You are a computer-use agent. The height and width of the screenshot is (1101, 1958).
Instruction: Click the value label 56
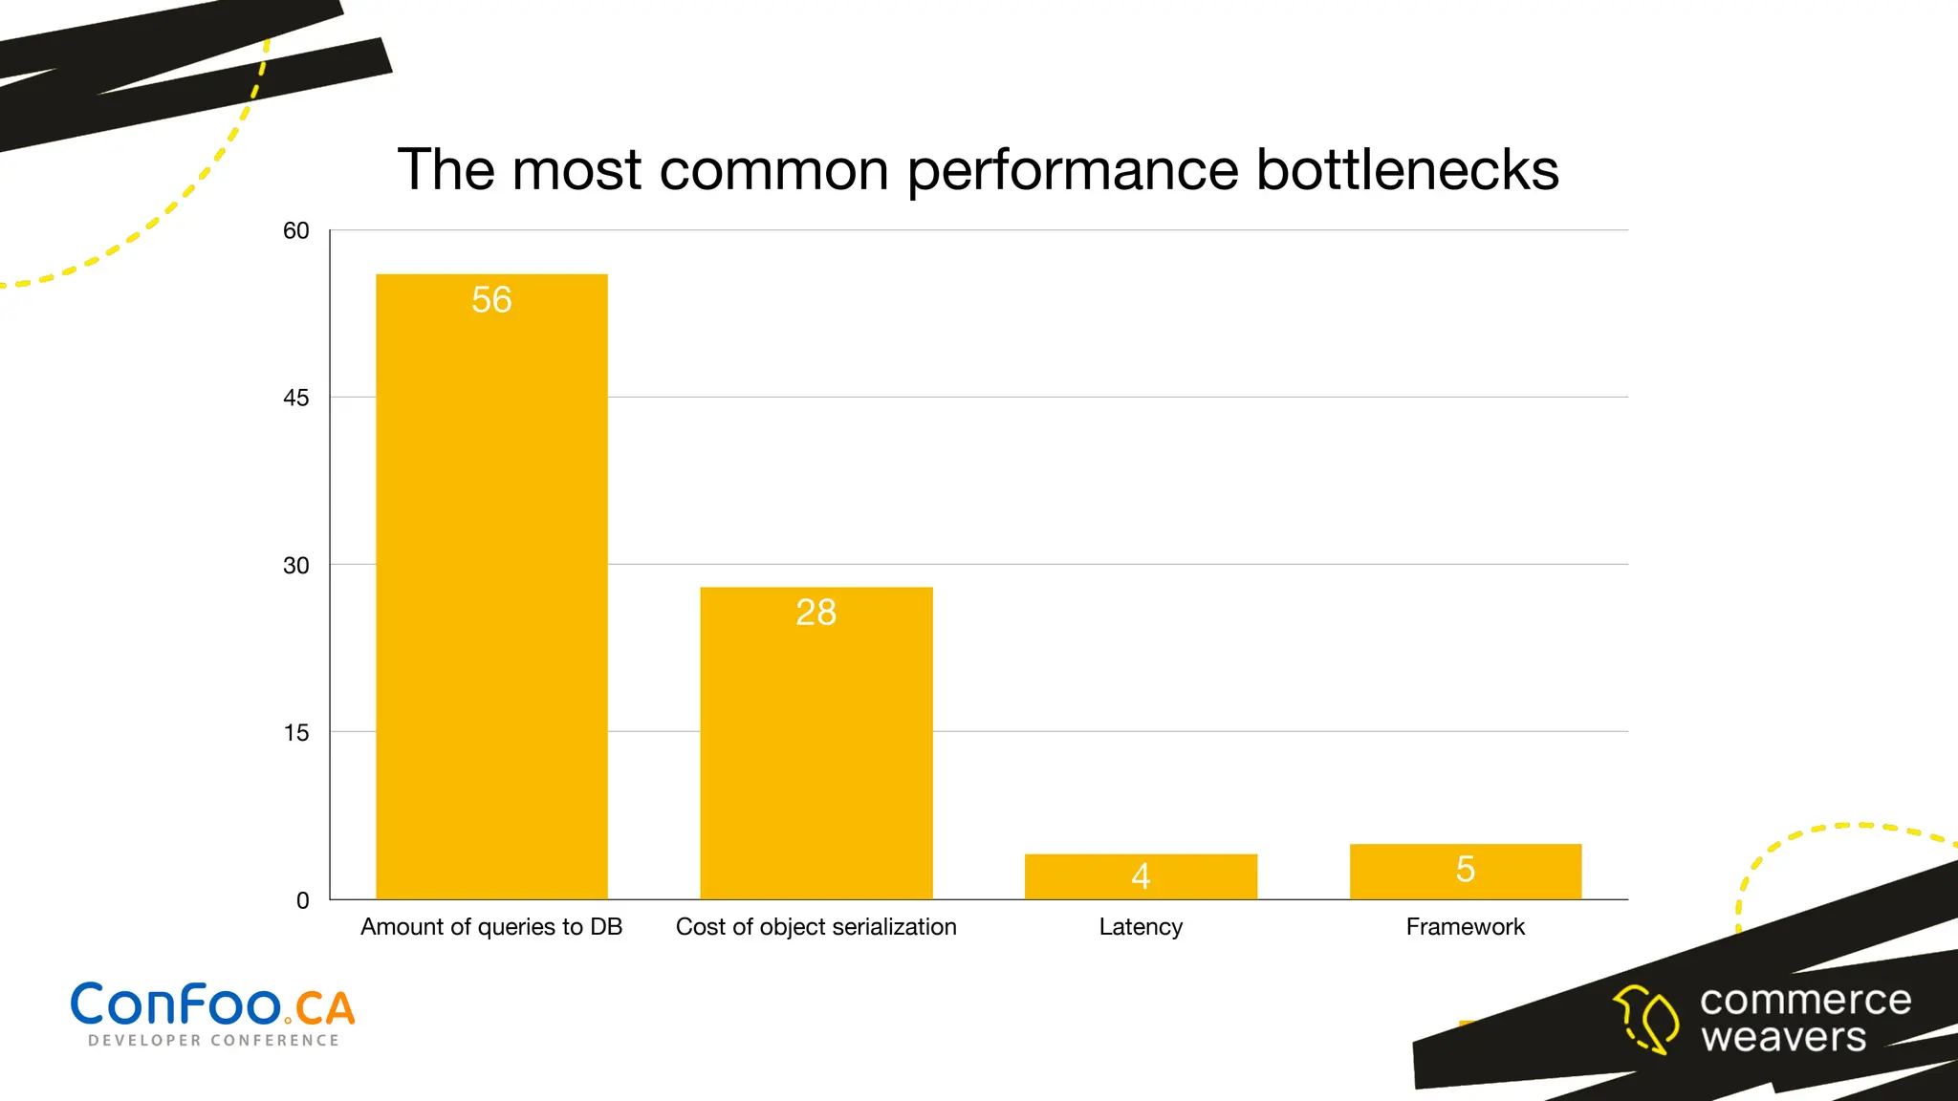pos(491,300)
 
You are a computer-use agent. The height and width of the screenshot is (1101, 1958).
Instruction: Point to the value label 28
pos(816,613)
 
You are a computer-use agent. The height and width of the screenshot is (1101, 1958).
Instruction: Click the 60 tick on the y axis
pos(296,230)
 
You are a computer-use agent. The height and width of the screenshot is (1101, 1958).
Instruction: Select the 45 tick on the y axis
pos(296,398)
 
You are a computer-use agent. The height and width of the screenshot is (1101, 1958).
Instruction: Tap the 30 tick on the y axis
pos(296,565)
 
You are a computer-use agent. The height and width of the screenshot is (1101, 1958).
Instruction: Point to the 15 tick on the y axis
pos(296,732)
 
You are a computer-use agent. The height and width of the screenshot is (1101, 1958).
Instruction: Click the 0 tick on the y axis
pos(302,900)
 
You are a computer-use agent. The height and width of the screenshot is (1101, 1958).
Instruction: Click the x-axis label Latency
pos(1141,926)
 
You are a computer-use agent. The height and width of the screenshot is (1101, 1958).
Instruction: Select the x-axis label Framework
pos(1465,926)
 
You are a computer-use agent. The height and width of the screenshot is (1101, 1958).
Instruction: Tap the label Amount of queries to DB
pos(491,926)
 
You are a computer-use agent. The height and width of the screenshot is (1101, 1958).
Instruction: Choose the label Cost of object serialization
pos(816,926)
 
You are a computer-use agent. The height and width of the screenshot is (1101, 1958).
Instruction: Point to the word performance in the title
pos(1072,172)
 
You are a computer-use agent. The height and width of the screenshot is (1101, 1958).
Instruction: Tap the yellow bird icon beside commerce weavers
pos(1646,1019)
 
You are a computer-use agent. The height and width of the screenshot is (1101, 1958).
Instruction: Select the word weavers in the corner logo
pos(1783,1037)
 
